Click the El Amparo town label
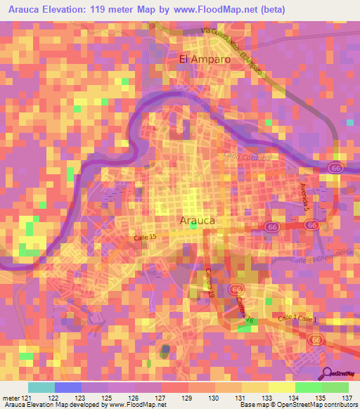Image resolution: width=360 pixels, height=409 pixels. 205,60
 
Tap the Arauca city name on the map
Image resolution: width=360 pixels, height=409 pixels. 198,220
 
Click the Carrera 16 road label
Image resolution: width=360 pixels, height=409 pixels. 244,311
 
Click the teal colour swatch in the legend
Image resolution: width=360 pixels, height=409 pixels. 41,387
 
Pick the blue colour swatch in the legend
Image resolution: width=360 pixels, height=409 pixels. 67,387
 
